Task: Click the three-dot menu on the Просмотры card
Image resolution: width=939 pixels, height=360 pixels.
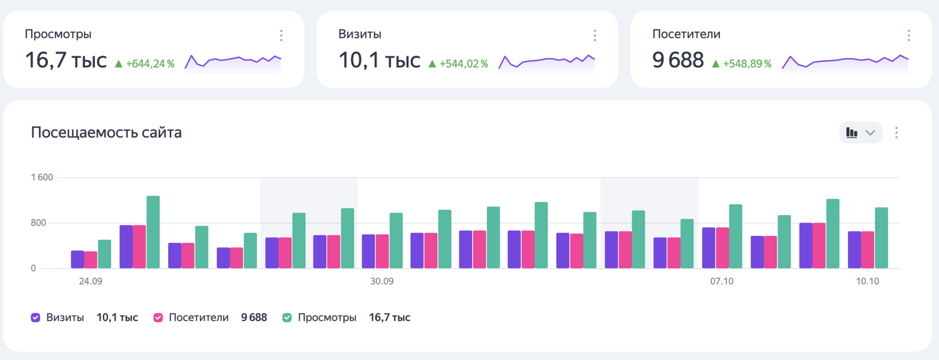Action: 281,36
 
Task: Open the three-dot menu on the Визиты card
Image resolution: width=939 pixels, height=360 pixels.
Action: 595,36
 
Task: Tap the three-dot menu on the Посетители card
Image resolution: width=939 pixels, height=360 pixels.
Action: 909,36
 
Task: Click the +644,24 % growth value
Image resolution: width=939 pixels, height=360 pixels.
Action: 150,64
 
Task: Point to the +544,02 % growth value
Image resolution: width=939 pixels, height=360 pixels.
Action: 463,64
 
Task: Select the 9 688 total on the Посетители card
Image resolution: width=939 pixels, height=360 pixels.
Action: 678,60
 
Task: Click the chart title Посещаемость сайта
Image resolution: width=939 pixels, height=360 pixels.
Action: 106,132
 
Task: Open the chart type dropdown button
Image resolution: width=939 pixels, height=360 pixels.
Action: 860,132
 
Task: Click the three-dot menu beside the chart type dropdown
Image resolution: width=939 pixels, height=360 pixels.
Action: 897,132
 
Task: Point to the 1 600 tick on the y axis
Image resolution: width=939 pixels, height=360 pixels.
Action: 42,177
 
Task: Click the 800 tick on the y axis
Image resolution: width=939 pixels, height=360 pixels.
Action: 39,222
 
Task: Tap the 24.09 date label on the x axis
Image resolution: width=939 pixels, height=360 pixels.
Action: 91,281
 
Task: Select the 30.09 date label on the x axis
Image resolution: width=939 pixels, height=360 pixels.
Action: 382,281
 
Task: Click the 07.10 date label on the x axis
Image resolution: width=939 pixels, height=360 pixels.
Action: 722,281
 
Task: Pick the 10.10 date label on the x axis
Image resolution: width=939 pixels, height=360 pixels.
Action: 867,281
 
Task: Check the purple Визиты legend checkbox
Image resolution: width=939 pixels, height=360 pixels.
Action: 36,318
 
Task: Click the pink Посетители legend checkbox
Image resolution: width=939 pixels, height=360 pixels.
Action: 158,318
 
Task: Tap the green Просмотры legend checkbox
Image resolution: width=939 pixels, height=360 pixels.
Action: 287,318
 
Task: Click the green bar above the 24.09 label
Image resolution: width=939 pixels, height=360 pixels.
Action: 105,254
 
